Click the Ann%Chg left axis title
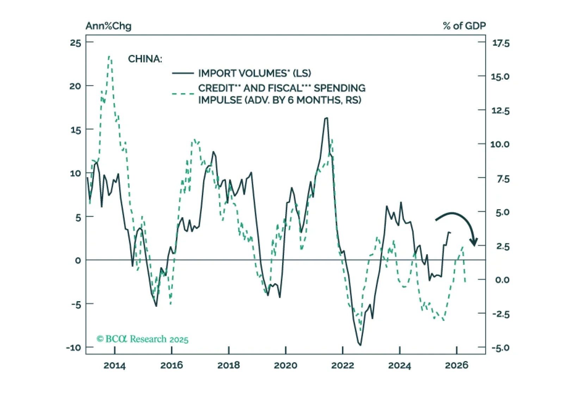click(108, 26)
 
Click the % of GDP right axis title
click(464, 26)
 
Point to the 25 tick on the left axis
click(75, 43)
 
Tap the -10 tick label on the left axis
click(74, 348)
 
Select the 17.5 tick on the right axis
click(501, 43)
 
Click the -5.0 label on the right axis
click(501, 348)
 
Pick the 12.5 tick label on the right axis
click(500, 111)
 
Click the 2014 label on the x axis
click(115, 365)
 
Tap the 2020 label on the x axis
click(285, 365)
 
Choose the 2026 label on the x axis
click(457, 365)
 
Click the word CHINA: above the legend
click(145, 59)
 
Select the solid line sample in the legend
click(183, 73)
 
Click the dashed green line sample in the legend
click(183, 94)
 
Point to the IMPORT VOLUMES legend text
click(254, 73)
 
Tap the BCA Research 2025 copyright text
click(142, 339)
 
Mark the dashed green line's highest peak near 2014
click(110, 56)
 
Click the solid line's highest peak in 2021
click(327, 118)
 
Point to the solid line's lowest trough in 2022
click(360, 345)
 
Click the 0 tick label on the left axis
click(78, 261)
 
